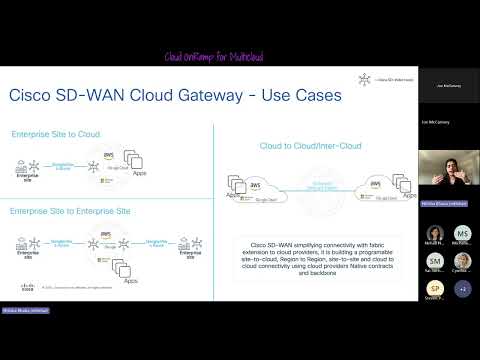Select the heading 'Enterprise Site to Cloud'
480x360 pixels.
[x=55, y=133]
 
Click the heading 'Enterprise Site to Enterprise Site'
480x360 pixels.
[x=75, y=212]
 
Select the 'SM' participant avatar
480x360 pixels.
[x=435, y=260]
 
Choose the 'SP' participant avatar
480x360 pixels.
[x=435, y=287]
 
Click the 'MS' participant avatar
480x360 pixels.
[x=462, y=233]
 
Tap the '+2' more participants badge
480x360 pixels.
[x=462, y=287]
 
